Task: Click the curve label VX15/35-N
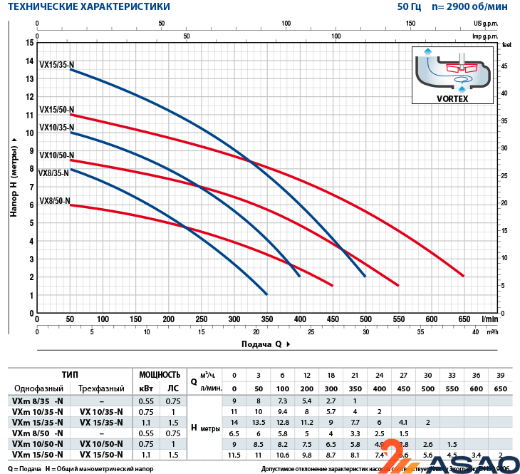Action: click(56, 64)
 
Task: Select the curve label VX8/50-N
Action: click(54, 201)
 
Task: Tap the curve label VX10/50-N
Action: click(56, 155)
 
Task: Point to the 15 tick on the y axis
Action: click(29, 43)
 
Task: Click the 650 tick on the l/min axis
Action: click(464, 319)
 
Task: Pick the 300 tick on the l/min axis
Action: click(234, 319)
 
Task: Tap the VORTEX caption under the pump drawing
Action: click(452, 99)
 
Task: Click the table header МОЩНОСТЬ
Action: click(159, 374)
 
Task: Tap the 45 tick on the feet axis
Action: click(505, 66)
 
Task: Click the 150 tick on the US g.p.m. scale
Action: click(411, 24)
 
